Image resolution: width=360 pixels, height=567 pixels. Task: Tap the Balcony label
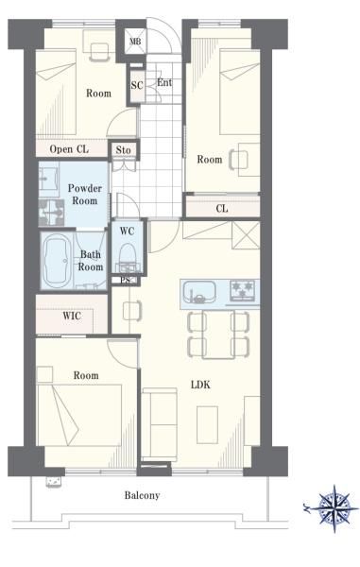point(142,495)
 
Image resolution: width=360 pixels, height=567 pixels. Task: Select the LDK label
point(200,385)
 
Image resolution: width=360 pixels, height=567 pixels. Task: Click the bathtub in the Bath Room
point(57,261)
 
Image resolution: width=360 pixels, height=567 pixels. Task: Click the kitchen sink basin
point(199,292)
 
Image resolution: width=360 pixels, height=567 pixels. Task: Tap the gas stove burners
point(243,290)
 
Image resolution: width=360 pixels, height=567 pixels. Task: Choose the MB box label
point(135,42)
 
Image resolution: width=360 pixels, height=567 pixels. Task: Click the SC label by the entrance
point(137,86)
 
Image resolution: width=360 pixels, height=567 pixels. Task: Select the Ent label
point(164,83)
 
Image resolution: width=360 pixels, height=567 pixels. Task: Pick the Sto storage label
point(123,149)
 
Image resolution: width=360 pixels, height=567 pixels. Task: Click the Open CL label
point(69,149)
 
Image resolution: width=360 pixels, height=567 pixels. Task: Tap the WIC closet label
point(72,316)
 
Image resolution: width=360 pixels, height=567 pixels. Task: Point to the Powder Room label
point(85,194)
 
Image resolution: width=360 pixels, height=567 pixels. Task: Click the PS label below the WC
point(126,280)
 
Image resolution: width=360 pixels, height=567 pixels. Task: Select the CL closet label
point(221,209)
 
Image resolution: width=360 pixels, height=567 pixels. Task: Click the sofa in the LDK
point(160,424)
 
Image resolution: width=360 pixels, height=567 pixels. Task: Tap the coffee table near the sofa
point(208,424)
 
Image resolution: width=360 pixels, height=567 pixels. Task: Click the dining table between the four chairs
point(218,334)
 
